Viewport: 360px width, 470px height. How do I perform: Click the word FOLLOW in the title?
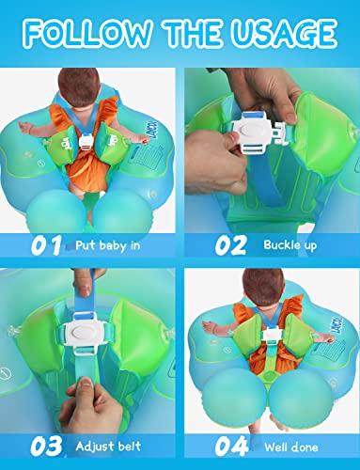coord(87,33)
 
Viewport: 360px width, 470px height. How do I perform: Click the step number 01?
coord(46,245)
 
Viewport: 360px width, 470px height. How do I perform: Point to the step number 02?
coord(231,245)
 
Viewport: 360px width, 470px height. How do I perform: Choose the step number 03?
coord(46,446)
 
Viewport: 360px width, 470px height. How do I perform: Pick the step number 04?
coord(231,446)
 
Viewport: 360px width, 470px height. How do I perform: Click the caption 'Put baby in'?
coord(107,246)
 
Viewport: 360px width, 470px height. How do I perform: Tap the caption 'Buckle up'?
coord(290,245)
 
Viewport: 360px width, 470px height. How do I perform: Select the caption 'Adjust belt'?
coord(108,446)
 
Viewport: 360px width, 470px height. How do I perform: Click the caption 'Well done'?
coord(291,447)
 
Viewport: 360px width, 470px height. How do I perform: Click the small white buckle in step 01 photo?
coord(85,142)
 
